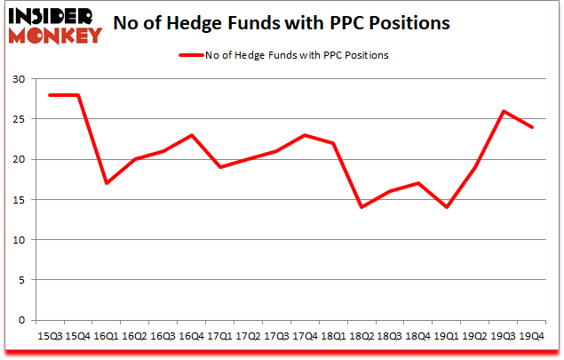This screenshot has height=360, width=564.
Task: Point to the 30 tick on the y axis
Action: pos(18,79)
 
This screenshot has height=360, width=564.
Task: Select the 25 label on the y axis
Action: pos(18,119)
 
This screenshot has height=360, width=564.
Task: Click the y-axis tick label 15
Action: pos(18,200)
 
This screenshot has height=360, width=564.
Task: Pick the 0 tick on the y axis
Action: pos(21,320)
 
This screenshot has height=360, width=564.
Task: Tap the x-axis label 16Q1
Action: pos(106,336)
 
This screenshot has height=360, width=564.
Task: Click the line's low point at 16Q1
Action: pos(107,183)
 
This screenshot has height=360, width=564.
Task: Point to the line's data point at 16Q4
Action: pos(193,135)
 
